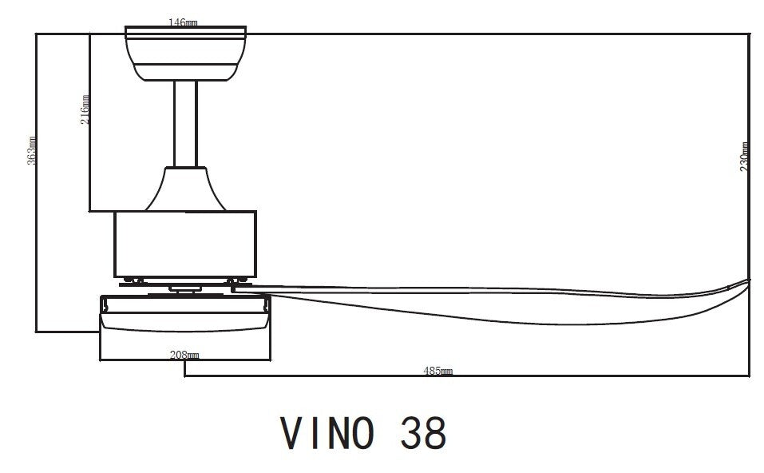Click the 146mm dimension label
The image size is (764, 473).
pos(184,22)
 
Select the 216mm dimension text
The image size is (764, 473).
pos(85,109)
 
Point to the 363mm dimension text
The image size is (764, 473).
pos(32,149)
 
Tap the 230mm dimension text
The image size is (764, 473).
pos(744,157)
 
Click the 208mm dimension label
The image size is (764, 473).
pos(185,355)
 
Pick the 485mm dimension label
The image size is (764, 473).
pos(438,371)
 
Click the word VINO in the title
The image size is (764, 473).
pos(328,433)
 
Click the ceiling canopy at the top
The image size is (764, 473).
pos(185,53)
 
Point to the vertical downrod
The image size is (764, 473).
pos(185,124)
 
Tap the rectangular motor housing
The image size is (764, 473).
pos(185,244)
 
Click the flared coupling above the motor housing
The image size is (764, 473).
pos(185,189)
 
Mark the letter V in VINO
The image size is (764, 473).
pos(292,433)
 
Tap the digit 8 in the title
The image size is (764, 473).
pos(434,433)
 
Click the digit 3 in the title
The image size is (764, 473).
pos(409,433)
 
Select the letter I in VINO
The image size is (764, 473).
pos(315,433)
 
